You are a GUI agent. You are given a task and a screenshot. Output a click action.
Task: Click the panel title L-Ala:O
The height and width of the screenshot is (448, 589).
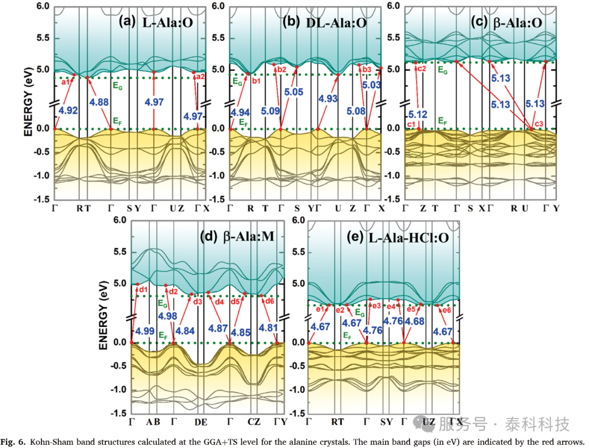click(x=167, y=23)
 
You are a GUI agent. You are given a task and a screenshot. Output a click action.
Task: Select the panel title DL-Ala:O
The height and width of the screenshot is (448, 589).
click(x=336, y=23)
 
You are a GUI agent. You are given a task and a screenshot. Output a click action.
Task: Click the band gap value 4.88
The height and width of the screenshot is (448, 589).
click(x=99, y=102)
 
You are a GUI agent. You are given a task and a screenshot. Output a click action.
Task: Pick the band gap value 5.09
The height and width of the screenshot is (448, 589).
click(x=271, y=111)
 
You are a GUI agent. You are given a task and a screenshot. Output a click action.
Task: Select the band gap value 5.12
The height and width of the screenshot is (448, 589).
click(x=418, y=114)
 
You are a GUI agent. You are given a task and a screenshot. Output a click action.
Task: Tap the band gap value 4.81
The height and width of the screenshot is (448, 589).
click(x=268, y=328)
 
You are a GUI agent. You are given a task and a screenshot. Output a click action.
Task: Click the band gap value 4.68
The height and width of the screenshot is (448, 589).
click(x=414, y=321)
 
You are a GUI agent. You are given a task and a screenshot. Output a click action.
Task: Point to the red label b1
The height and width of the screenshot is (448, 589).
click(x=256, y=81)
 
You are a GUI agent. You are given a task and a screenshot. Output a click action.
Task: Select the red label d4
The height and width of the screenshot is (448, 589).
click(x=219, y=301)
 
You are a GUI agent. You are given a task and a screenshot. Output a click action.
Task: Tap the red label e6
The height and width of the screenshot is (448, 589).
click(x=447, y=310)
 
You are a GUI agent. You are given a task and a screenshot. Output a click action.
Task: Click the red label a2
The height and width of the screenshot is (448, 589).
click(x=201, y=76)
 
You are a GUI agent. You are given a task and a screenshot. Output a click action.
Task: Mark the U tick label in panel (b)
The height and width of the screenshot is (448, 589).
click(x=338, y=208)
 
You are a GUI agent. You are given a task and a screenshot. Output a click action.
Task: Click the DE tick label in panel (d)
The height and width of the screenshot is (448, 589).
click(x=201, y=422)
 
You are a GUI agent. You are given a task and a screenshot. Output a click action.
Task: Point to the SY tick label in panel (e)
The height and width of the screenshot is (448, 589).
click(x=387, y=422)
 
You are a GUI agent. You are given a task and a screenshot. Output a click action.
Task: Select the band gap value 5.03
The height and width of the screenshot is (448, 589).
click(x=371, y=85)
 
